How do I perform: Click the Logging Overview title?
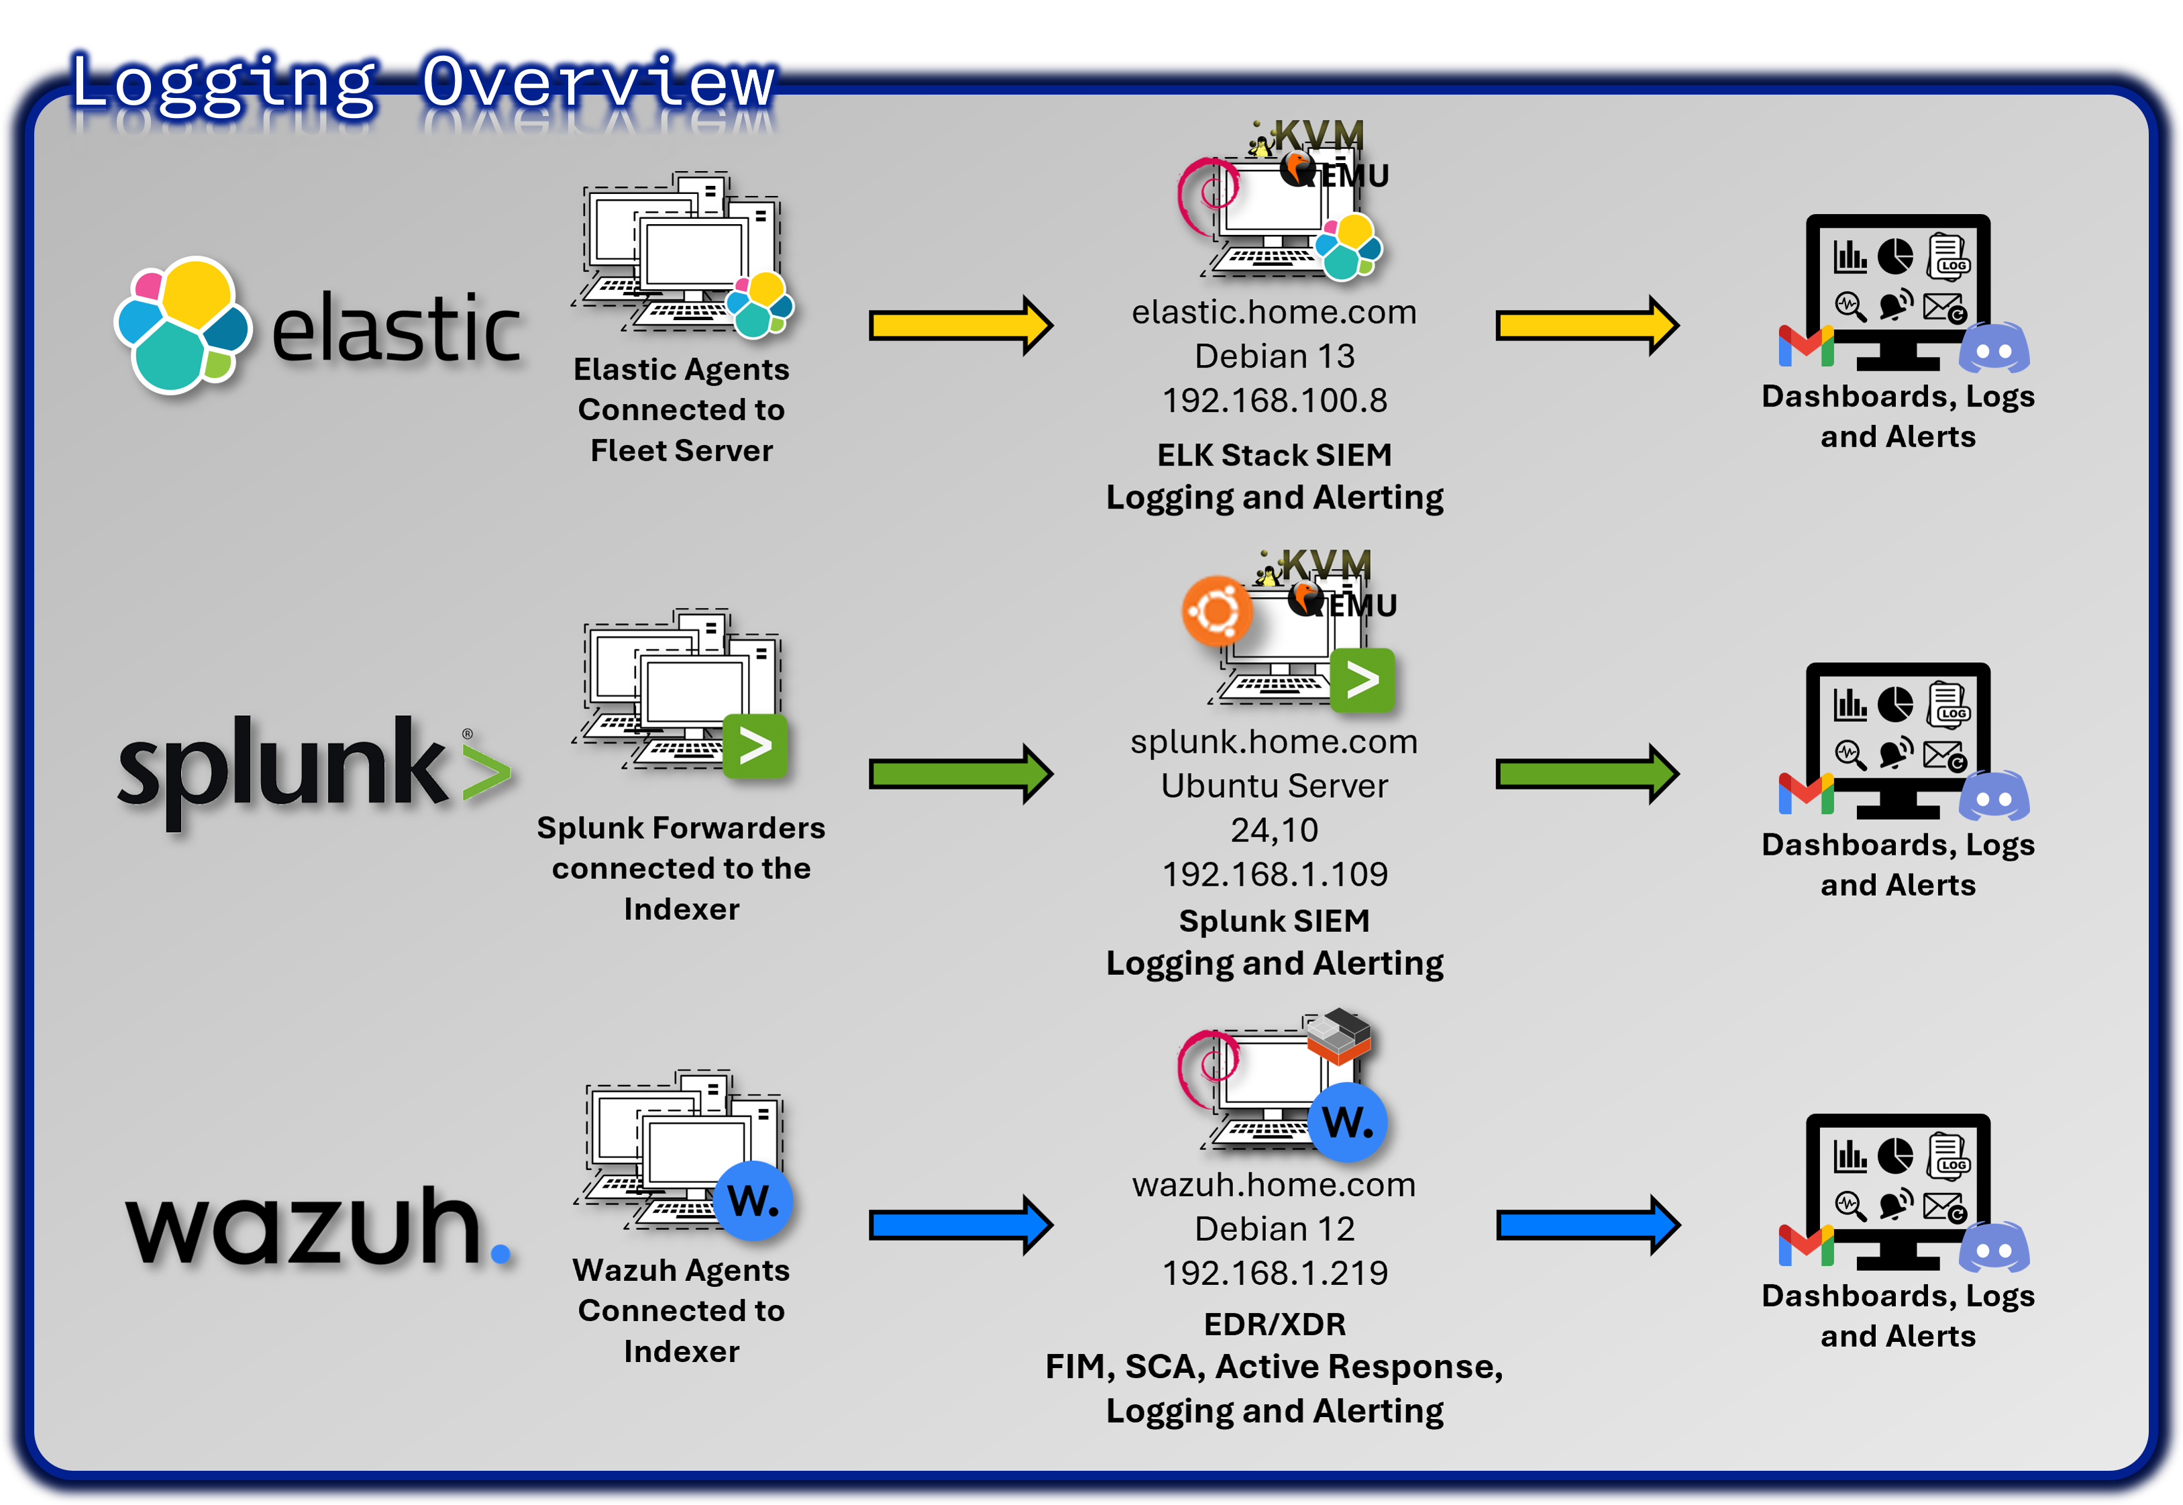click(x=422, y=83)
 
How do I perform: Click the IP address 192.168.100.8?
click(x=1275, y=401)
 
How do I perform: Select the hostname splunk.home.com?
click(x=1275, y=742)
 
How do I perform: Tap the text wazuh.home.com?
click(x=1275, y=1186)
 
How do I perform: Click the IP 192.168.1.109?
click(x=1275, y=875)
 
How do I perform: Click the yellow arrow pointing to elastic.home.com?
click(x=959, y=326)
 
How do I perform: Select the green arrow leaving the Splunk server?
click(x=1587, y=774)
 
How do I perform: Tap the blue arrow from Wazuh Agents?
click(x=959, y=1226)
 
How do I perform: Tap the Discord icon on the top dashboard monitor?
click(x=1994, y=348)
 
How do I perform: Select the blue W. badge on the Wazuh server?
click(x=1348, y=1122)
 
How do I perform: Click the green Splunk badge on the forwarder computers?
click(x=755, y=747)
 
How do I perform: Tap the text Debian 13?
click(x=1275, y=356)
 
